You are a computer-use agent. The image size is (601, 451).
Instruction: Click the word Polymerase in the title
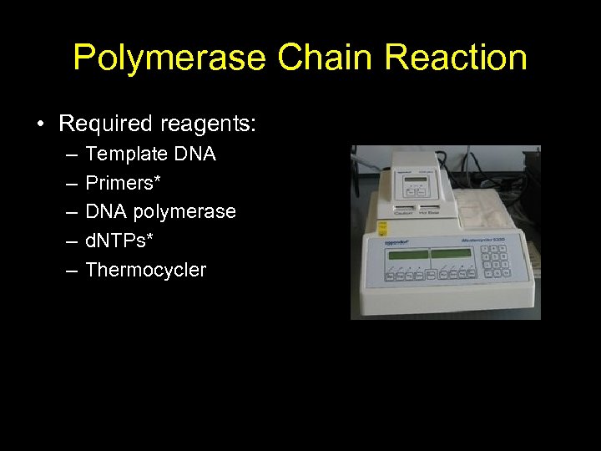click(x=169, y=58)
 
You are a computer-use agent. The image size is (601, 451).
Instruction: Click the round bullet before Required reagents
click(x=40, y=125)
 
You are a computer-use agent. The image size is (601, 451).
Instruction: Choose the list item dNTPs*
click(x=119, y=241)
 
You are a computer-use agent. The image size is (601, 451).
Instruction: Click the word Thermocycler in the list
click(x=145, y=270)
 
